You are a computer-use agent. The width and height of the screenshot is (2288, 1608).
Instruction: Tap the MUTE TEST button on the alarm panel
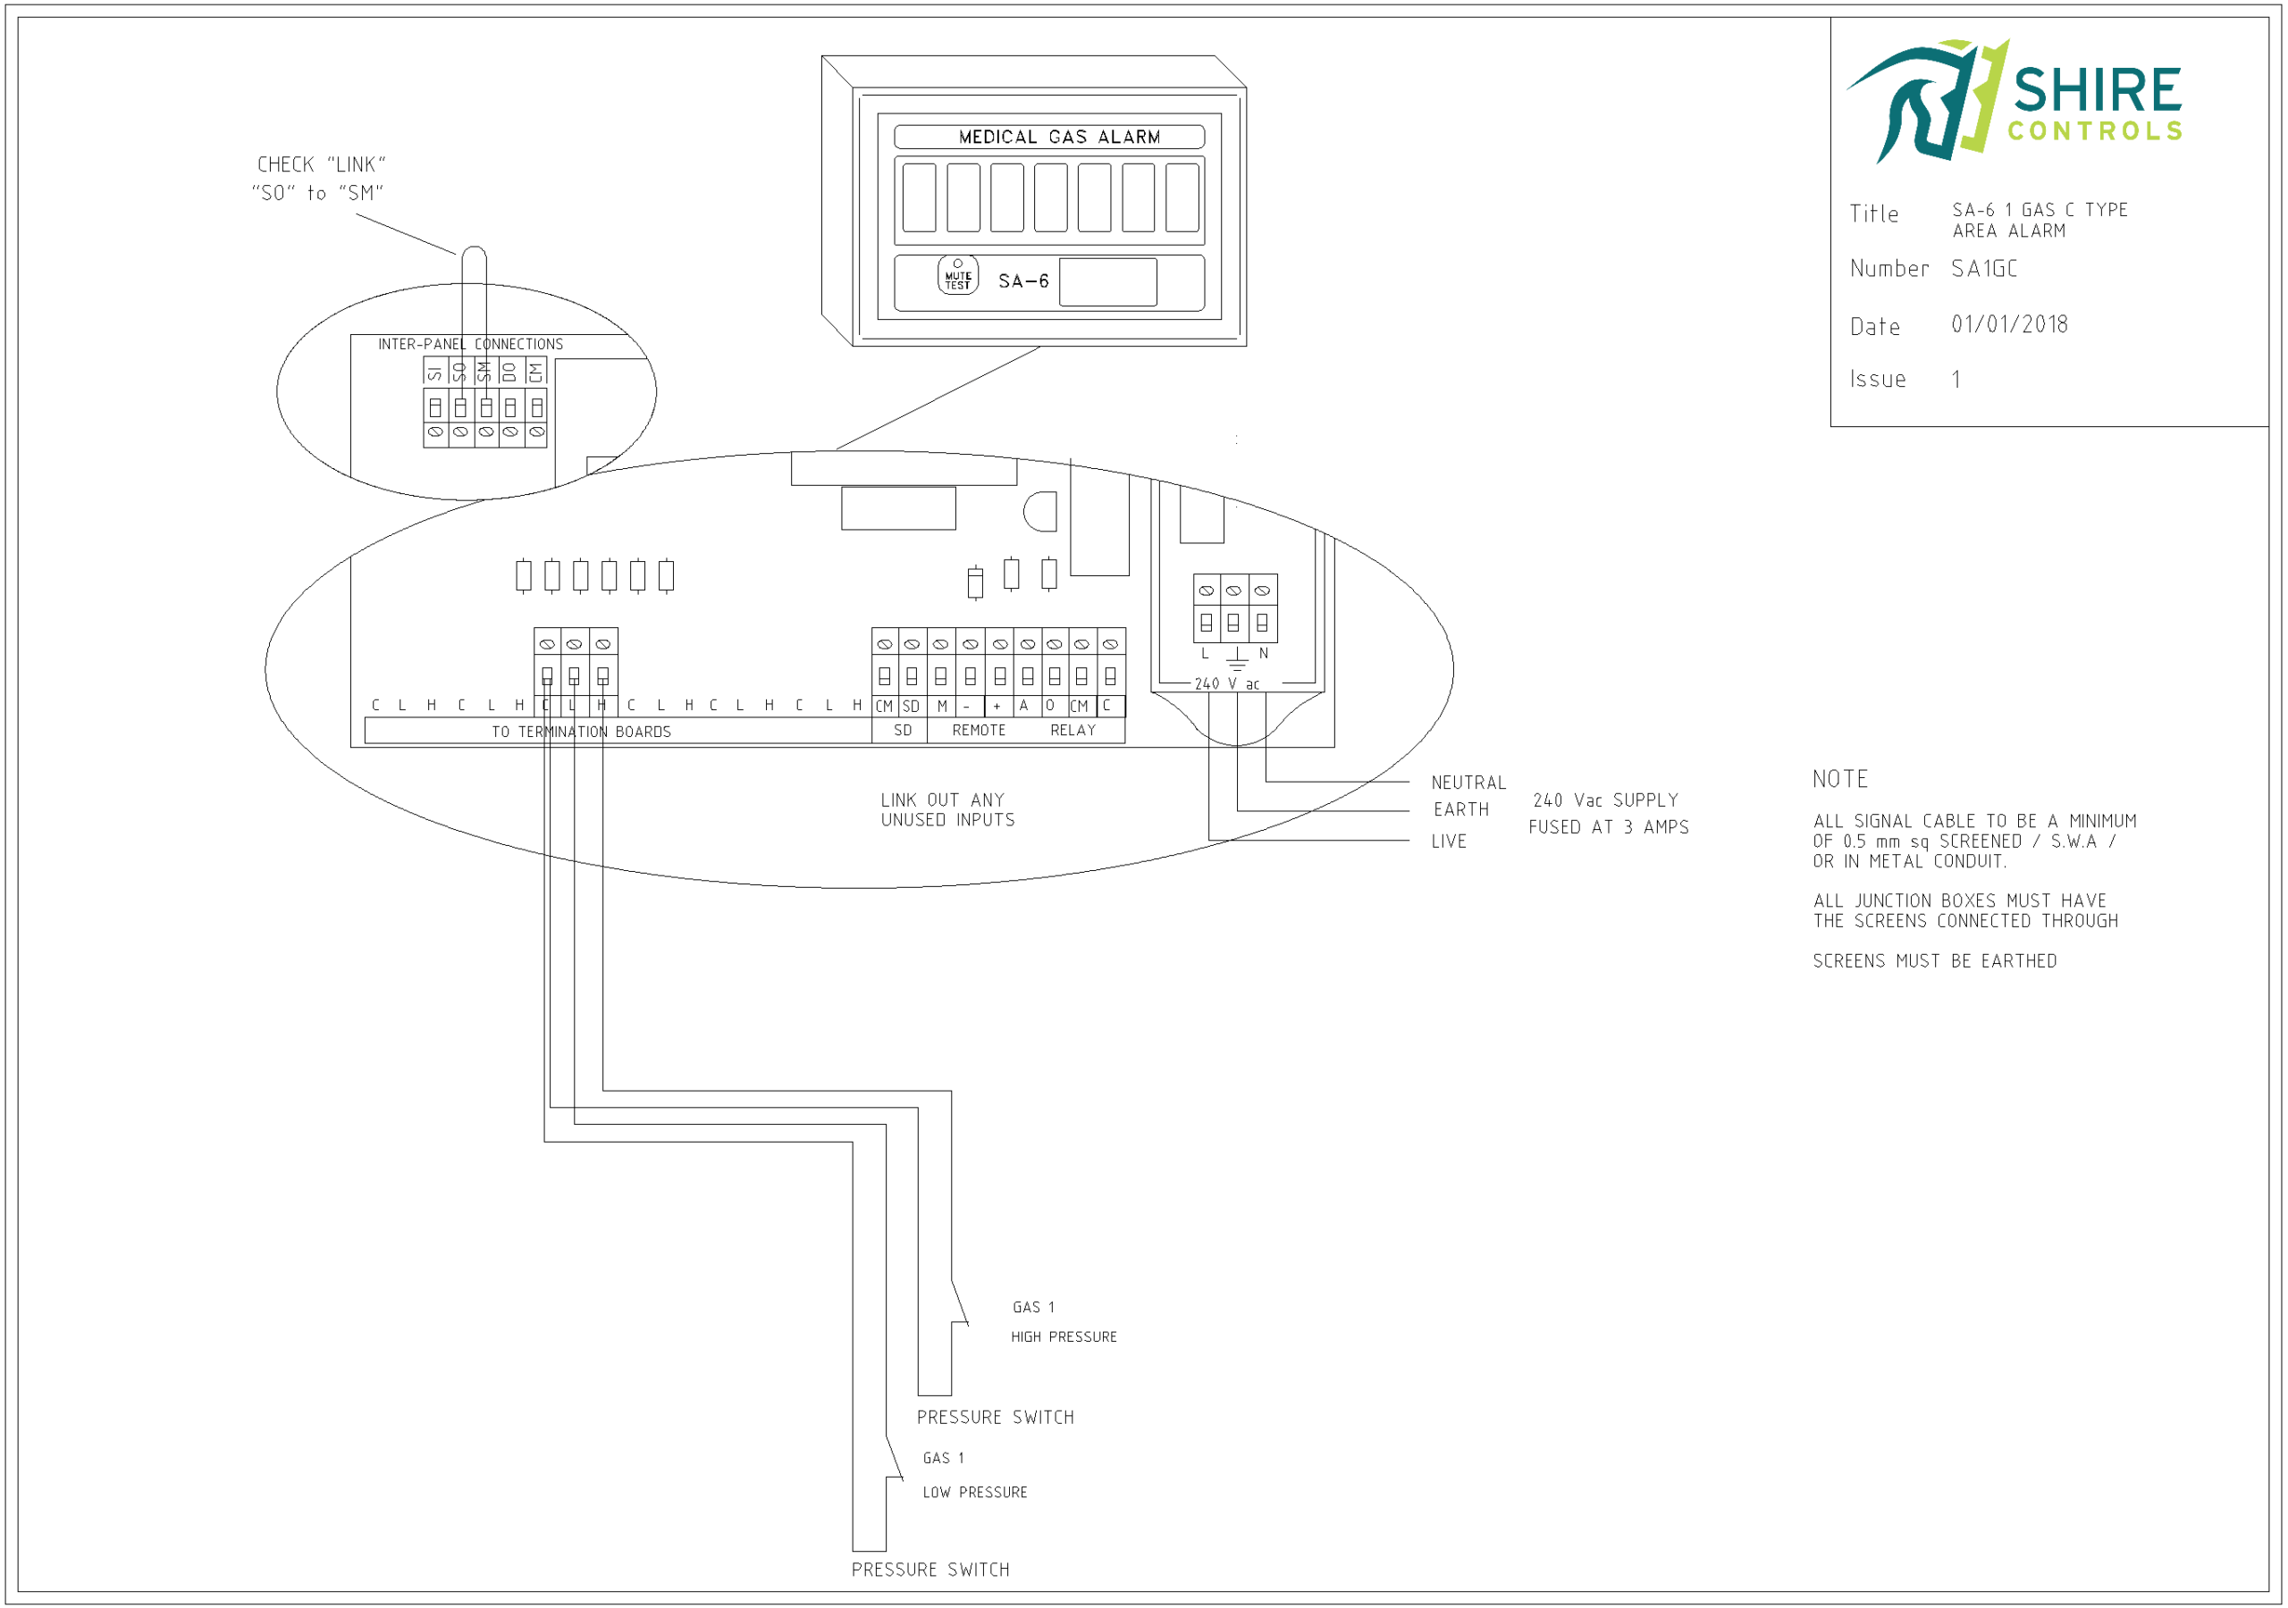click(x=957, y=276)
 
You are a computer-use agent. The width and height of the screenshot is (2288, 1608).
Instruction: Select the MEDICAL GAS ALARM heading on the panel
click(x=1058, y=138)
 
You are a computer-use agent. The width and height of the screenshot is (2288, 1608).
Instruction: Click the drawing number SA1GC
click(x=1983, y=269)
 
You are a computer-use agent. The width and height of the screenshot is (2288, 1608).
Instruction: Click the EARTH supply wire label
click(x=1461, y=810)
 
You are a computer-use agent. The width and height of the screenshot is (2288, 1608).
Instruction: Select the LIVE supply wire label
click(x=1448, y=842)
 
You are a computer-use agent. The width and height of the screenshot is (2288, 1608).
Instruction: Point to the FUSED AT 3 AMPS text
click(x=1609, y=828)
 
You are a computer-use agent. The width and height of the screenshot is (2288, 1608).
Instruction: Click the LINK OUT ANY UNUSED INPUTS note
click(x=946, y=810)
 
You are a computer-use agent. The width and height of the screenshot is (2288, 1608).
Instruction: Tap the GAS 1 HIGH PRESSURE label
click(x=1063, y=1322)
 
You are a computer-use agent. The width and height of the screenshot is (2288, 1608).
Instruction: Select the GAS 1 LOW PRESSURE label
click(x=973, y=1476)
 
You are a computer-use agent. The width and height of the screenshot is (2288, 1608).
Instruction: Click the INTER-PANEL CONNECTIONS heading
click(x=470, y=345)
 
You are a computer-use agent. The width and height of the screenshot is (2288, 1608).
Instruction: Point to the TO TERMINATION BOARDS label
click(x=581, y=733)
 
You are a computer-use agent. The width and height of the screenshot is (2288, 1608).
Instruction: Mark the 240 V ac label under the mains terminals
click(x=1227, y=684)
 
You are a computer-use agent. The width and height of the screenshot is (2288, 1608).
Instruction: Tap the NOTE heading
click(x=1839, y=779)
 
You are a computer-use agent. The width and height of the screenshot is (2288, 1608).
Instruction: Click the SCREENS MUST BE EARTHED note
click(x=1934, y=961)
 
